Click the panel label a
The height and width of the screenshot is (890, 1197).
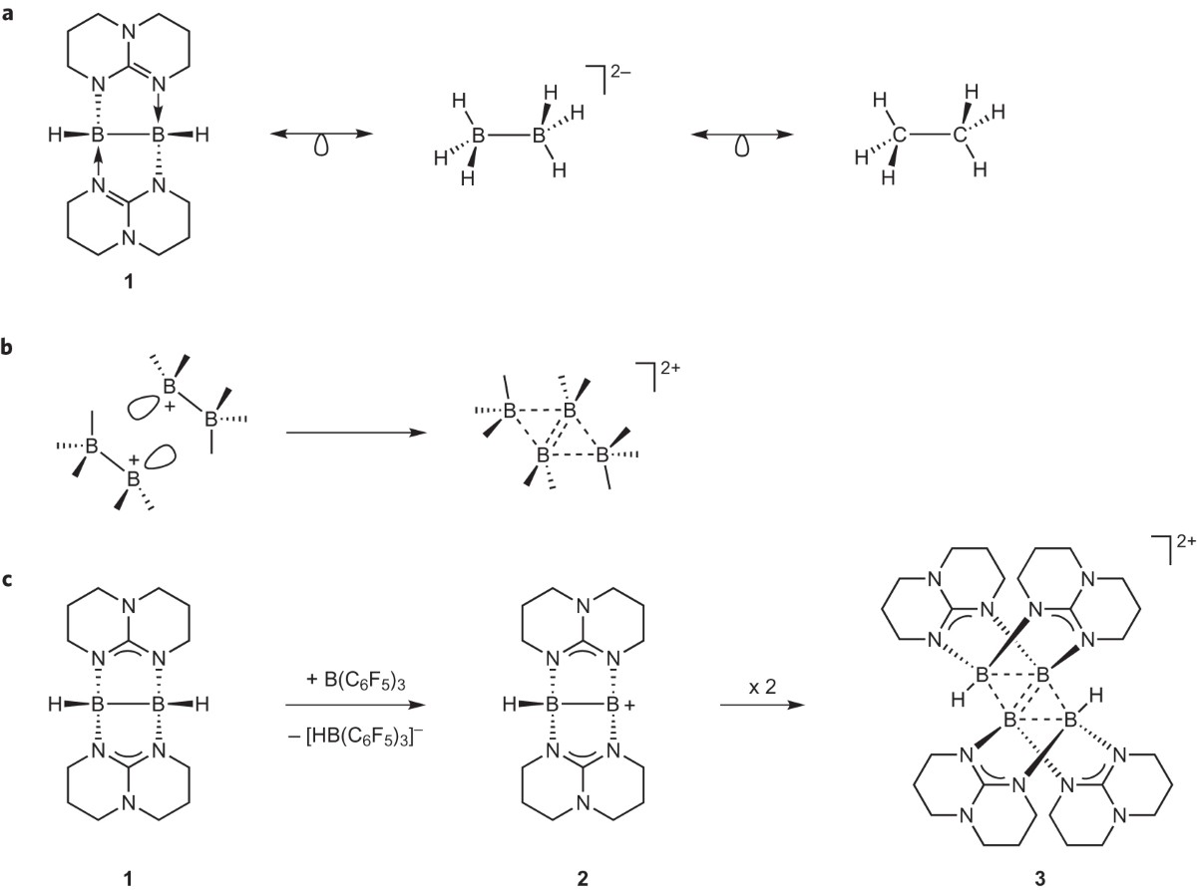[8, 11]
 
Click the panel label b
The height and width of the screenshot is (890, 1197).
[8, 352]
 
